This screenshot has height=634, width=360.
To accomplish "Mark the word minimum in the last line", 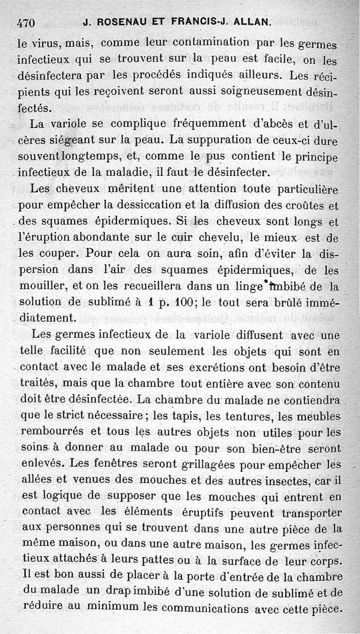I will click(x=112, y=607).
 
